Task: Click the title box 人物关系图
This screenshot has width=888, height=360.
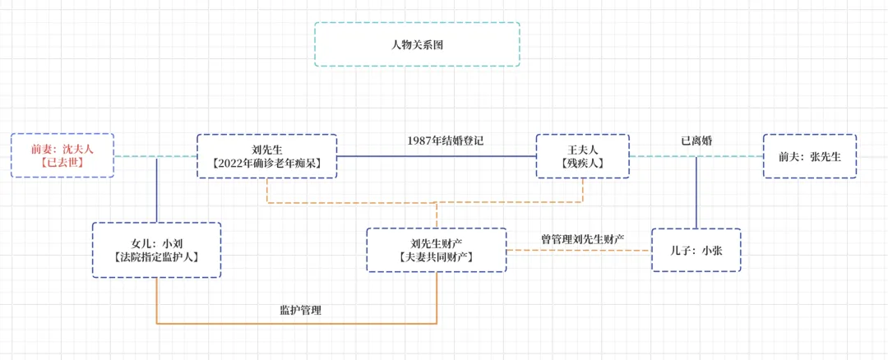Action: pos(417,44)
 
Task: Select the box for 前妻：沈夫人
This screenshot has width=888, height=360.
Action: pos(62,155)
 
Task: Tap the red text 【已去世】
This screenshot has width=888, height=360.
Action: pos(62,163)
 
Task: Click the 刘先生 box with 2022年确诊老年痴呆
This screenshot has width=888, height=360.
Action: pos(267,156)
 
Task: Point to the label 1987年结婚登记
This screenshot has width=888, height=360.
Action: pos(445,141)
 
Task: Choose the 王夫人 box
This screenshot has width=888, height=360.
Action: pos(582,156)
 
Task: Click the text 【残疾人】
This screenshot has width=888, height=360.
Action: pos(582,164)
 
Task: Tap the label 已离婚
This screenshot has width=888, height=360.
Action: pos(696,141)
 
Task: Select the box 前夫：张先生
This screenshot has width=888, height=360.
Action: pos(809,156)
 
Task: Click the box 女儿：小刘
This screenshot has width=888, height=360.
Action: pos(156,250)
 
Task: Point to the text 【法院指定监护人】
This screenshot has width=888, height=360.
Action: pos(156,257)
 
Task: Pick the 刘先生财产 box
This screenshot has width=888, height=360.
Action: pos(436,250)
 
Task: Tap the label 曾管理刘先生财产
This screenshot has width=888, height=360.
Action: pos(581,239)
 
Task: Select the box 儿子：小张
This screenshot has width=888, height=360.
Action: pos(696,251)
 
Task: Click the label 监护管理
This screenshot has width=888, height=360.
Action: pos(300,311)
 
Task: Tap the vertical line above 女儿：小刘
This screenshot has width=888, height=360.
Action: pos(156,193)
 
